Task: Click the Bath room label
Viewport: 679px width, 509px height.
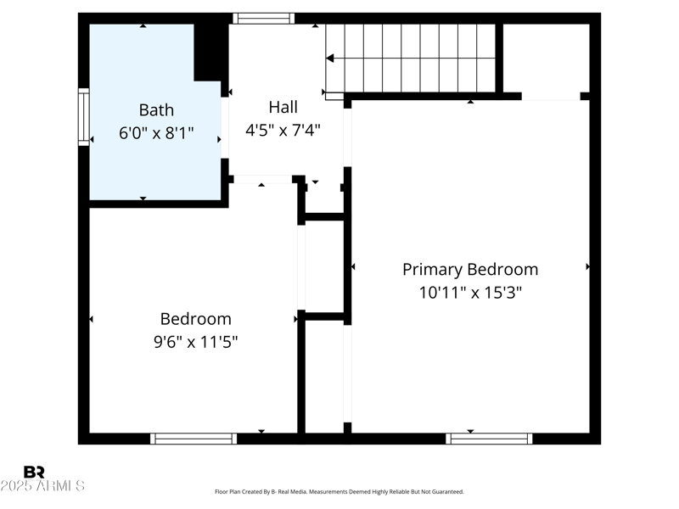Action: (156, 109)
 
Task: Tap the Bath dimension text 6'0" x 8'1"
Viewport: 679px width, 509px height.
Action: (156, 133)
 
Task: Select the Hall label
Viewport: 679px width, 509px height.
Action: (283, 107)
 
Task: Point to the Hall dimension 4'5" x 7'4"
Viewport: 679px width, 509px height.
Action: (283, 131)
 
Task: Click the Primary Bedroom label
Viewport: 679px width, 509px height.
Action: (469, 269)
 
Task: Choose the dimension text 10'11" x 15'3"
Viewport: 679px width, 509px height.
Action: (469, 293)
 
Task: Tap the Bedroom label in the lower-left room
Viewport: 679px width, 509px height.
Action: (195, 319)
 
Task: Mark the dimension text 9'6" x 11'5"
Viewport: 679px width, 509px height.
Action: (195, 342)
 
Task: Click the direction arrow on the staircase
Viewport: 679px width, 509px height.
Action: (331, 59)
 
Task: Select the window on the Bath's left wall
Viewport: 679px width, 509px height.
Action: (83, 117)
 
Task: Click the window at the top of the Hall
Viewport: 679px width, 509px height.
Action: (264, 18)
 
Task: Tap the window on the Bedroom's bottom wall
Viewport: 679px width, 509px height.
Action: (194, 439)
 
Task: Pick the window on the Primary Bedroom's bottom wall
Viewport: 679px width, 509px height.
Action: (489, 439)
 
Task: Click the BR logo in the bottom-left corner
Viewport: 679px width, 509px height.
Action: (34, 472)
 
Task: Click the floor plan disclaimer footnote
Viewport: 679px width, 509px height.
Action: (339, 491)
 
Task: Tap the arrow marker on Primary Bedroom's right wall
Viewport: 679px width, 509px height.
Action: (587, 266)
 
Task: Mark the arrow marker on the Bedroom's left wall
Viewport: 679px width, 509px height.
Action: (92, 319)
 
